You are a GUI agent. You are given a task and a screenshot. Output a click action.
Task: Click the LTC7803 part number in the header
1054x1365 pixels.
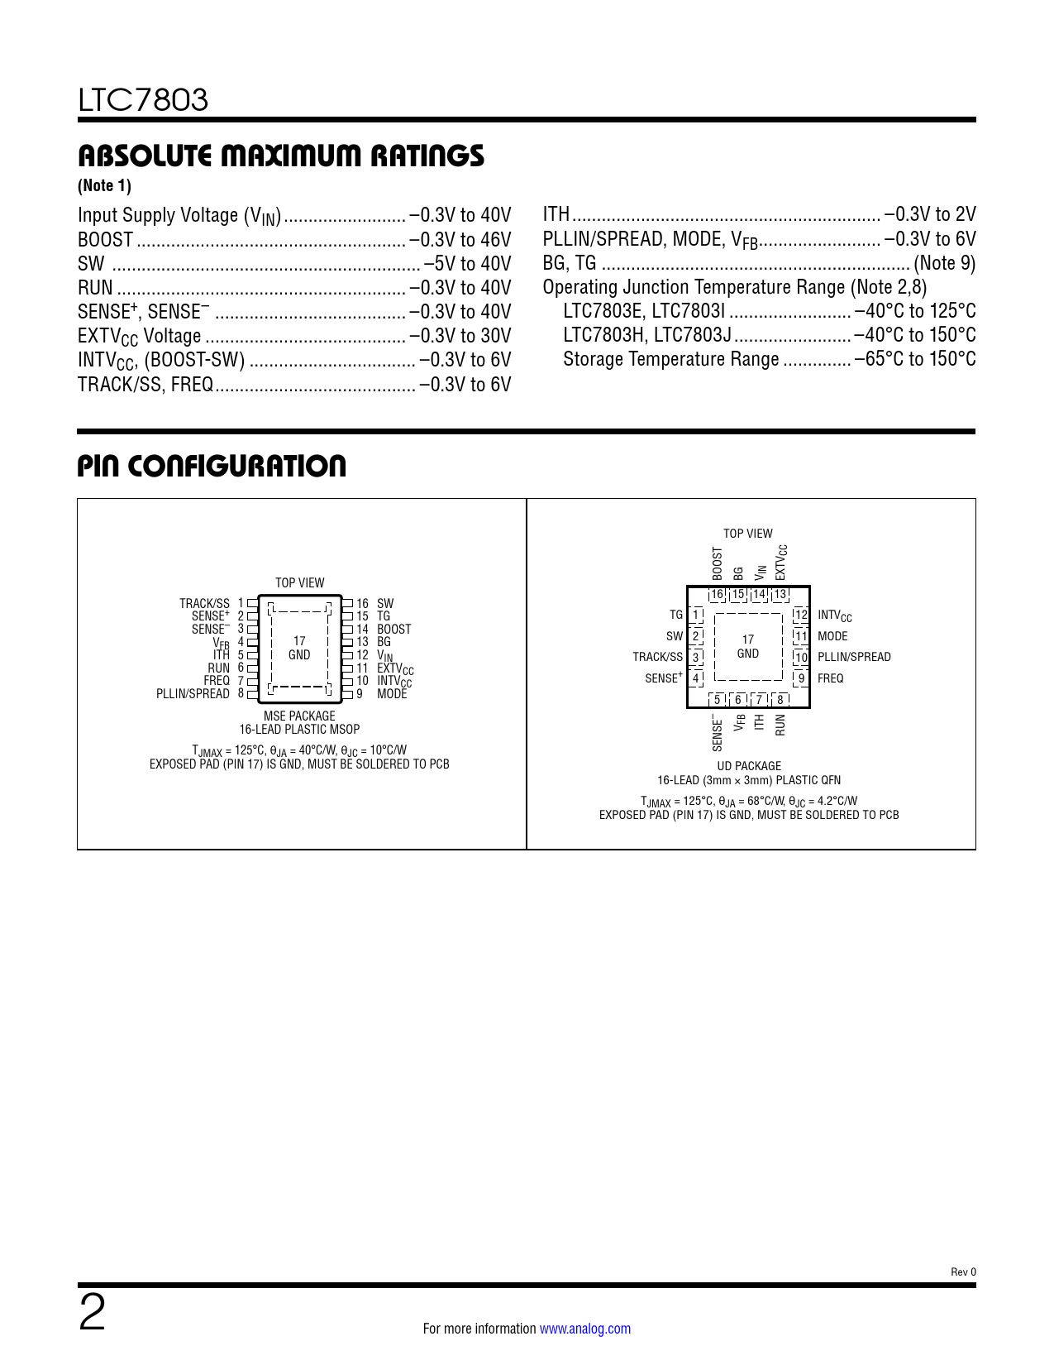point(143,100)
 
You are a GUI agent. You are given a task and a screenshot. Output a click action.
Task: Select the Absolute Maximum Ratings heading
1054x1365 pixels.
point(280,156)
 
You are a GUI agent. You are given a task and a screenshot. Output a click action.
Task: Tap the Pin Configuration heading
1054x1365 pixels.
point(212,466)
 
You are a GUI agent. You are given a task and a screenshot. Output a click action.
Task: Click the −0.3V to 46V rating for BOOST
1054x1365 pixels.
point(460,240)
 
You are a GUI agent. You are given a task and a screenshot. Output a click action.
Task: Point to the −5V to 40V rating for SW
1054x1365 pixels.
point(467,264)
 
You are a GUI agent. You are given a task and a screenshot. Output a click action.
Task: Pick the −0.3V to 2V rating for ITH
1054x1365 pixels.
point(930,215)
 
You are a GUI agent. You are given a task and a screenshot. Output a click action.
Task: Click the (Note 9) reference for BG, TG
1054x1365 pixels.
point(944,264)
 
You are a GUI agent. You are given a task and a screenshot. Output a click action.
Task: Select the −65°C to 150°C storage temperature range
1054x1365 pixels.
point(915,360)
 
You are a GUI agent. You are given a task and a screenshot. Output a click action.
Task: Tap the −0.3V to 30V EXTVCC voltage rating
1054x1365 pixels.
point(460,336)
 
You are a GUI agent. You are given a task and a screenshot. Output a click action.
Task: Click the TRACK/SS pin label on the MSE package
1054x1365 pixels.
point(204,604)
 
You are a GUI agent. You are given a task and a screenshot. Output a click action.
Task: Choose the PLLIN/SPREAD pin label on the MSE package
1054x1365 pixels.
point(193,694)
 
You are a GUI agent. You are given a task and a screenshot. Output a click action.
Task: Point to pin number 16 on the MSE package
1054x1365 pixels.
point(362,604)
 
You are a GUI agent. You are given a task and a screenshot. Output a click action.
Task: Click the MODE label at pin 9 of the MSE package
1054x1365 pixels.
point(392,694)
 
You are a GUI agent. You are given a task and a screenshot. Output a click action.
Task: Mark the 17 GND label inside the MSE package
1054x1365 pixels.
point(299,648)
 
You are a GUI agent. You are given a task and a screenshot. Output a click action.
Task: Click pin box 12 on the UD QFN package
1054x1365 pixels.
point(800,615)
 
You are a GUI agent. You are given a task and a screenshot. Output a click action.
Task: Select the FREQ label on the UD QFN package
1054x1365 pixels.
point(830,678)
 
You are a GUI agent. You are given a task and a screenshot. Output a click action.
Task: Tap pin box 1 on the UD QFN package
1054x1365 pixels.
point(696,615)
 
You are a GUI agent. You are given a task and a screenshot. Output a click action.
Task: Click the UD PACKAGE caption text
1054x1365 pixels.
point(749,766)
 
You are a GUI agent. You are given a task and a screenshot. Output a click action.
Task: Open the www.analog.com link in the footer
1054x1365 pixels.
point(584,1329)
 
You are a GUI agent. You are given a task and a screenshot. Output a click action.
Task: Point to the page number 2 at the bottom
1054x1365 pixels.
point(92,1314)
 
